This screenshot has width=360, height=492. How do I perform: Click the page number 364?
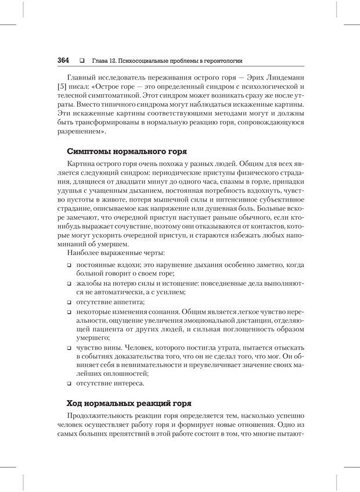pyautogui.click(x=63, y=60)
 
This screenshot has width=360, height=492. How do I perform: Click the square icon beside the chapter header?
pyautogui.click(x=81, y=60)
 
